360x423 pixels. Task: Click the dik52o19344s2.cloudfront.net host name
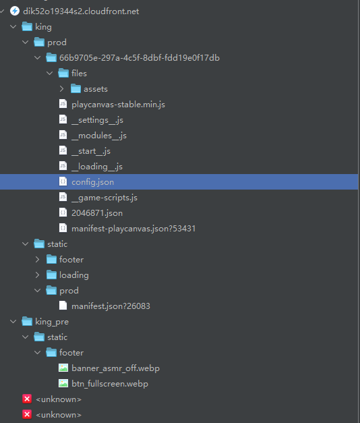click(81, 11)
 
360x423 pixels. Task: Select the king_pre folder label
click(52, 322)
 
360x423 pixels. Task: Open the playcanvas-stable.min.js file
click(118, 105)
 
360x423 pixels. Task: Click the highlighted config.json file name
click(92, 182)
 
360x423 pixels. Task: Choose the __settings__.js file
click(97, 120)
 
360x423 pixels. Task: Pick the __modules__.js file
click(99, 136)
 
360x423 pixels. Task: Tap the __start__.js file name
click(91, 151)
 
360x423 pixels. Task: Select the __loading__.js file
click(97, 167)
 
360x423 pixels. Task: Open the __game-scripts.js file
click(104, 198)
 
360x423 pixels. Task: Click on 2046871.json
click(97, 213)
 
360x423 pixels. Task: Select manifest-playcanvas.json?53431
click(133, 229)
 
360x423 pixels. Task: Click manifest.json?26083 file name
click(111, 306)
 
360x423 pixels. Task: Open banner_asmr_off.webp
click(115, 368)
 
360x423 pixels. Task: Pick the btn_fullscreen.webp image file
click(110, 384)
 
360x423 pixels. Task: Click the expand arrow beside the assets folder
click(61, 89)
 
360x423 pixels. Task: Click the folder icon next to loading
click(51, 275)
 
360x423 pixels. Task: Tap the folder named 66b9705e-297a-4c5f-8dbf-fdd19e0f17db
click(140, 58)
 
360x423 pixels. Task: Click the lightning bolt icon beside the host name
click(15, 11)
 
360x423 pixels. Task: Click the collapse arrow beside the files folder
click(49, 73)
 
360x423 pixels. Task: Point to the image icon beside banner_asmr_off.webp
click(63, 368)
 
